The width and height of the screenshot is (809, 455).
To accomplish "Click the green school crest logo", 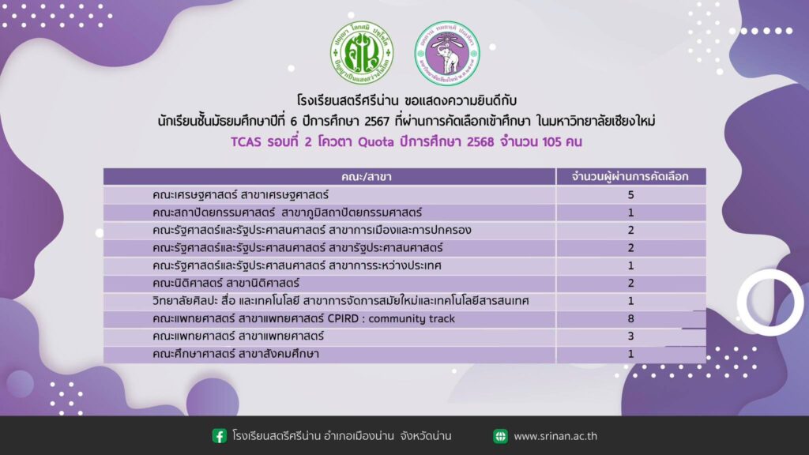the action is click(362, 53).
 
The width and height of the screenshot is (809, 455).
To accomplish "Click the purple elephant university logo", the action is click(447, 53).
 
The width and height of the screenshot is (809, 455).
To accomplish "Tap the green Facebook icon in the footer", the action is click(220, 436).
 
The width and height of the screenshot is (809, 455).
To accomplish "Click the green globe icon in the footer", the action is click(500, 436).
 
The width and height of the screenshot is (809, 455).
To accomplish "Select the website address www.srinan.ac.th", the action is click(555, 436).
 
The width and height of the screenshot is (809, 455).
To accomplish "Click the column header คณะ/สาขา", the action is click(367, 177).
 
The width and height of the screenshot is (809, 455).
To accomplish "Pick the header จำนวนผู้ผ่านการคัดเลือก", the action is click(630, 176).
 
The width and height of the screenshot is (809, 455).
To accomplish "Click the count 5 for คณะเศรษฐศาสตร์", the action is click(630, 195).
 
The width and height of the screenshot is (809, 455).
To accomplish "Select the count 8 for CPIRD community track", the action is click(630, 319).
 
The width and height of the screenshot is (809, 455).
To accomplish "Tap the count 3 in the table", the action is click(630, 337).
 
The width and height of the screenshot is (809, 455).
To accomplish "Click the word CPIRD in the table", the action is click(343, 319).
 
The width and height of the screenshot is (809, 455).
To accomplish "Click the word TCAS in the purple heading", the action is click(246, 142).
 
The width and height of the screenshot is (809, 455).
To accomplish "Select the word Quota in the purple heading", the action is click(375, 142).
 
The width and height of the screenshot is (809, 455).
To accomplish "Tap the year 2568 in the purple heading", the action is click(480, 142).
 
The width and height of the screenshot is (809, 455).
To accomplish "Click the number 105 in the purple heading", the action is click(551, 142).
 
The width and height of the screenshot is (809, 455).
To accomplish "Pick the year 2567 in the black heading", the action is click(377, 121).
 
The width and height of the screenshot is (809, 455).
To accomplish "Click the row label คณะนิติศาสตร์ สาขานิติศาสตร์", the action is click(225, 284).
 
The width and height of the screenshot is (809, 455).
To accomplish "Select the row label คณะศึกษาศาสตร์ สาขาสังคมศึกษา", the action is click(235, 354).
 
